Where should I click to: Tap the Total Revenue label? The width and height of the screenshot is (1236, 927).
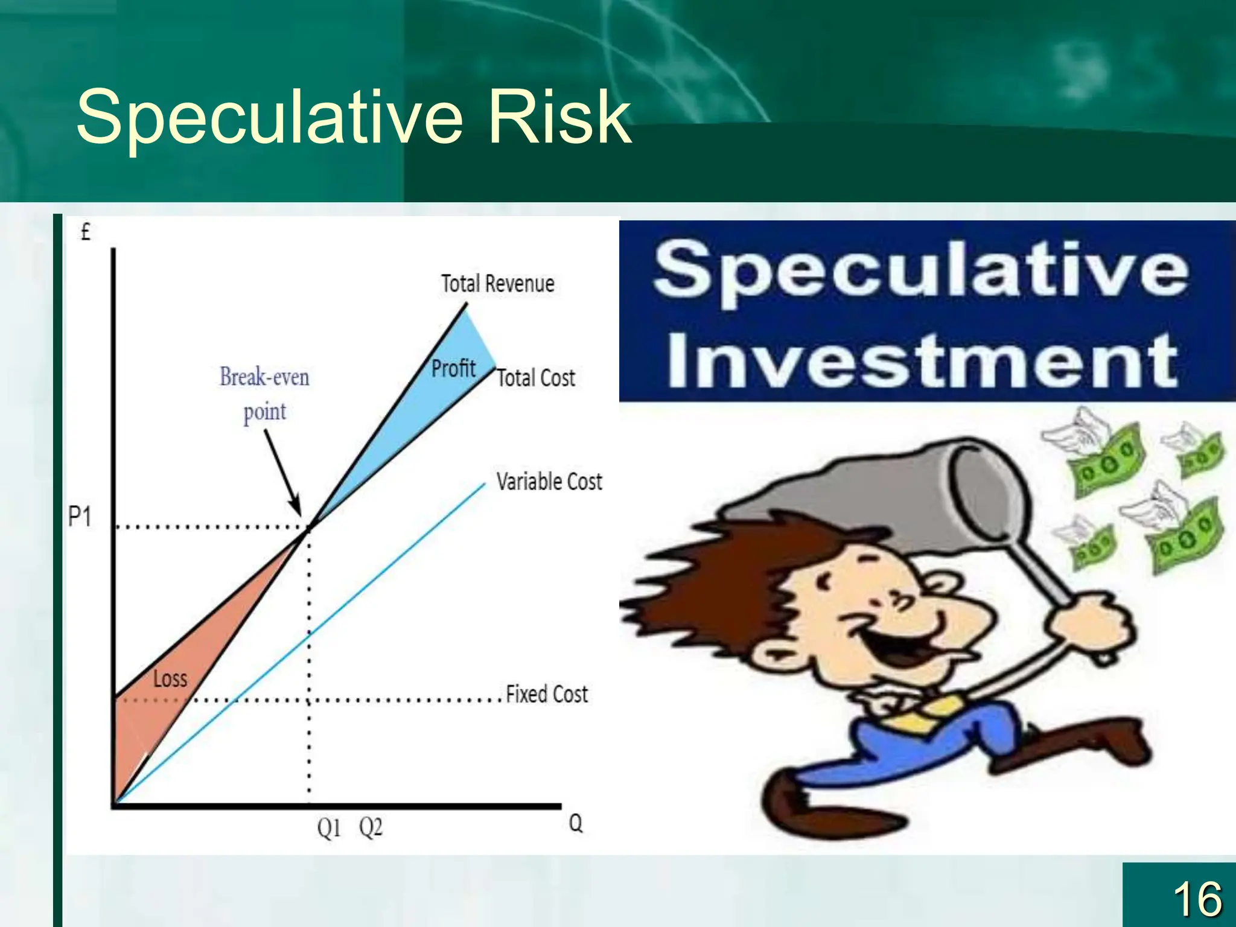pyautogui.click(x=497, y=284)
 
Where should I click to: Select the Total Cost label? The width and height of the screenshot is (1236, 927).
pyautogui.click(x=536, y=378)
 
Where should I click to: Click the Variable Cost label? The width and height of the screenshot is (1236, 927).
pyautogui.click(x=549, y=482)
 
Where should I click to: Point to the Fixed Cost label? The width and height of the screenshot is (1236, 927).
pyautogui.click(x=547, y=694)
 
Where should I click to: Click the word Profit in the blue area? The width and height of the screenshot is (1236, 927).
pyautogui.click(x=453, y=368)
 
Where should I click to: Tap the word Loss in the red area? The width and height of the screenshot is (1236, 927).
pyautogui.click(x=170, y=679)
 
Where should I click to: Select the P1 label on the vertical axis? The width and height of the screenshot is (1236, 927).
pyautogui.click(x=80, y=517)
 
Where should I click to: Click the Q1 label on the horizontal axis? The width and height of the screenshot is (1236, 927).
pyautogui.click(x=329, y=828)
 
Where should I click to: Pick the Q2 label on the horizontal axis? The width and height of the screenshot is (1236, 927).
pyautogui.click(x=371, y=827)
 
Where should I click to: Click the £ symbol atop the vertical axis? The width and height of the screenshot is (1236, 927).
pyautogui.click(x=86, y=232)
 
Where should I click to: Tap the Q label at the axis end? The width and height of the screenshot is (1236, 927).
pyautogui.click(x=576, y=823)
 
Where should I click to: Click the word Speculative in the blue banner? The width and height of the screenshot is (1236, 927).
pyautogui.click(x=921, y=270)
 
